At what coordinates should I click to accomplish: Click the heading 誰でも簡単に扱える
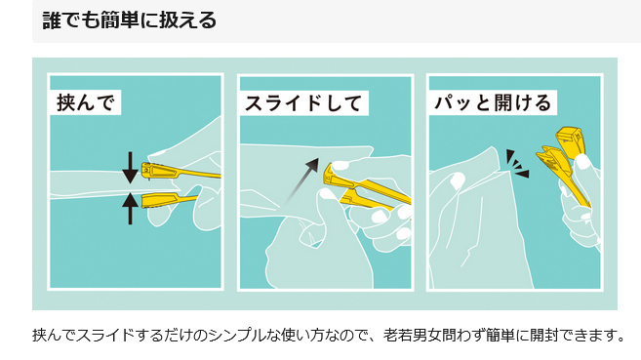tap(129, 20)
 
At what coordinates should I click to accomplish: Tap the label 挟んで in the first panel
tap(85, 102)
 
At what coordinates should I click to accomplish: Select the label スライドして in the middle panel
tap(302, 103)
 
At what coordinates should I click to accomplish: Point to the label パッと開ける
tap(493, 102)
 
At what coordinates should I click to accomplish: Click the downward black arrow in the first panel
tap(130, 168)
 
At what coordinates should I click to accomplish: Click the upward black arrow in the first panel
tap(130, 209)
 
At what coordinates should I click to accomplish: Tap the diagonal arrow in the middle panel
tap(302, 180)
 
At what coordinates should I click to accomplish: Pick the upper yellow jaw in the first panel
tap(180, 171)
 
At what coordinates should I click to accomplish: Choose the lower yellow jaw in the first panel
tap(169, 200)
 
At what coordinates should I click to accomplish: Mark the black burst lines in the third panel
tap(517, 164)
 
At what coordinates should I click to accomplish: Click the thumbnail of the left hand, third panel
tap(457, 180)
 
